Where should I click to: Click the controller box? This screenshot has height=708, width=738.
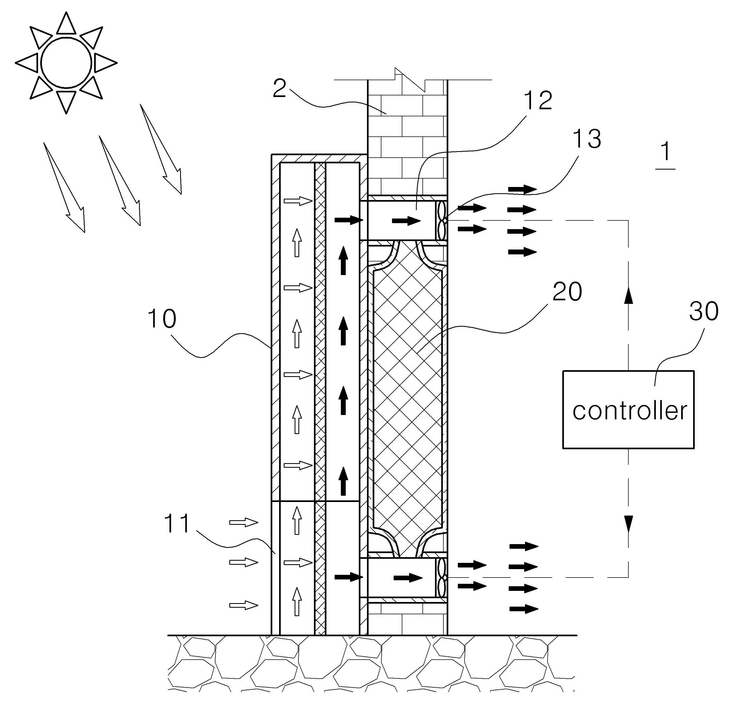click(x=628, y=409)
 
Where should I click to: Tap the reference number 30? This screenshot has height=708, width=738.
click(x=704, y=311)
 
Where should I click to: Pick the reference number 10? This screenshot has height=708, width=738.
click(x=162, y=319)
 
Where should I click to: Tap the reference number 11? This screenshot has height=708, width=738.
click(x=177, y=524)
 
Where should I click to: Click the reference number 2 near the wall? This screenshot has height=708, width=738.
click(x=279, y=89)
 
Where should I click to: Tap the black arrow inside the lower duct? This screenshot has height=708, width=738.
click(x=408, y=578)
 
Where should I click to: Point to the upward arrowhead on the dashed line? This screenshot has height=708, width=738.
click(x=628, y=296)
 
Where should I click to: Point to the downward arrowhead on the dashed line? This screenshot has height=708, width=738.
click(x=628, y=524)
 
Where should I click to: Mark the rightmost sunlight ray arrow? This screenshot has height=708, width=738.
click(x=161, y=149)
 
